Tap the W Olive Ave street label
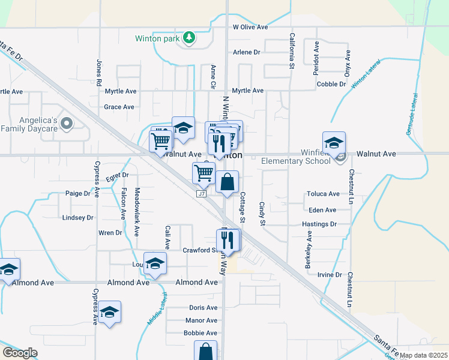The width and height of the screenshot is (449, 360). pos(250,27)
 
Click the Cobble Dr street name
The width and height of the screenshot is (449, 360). pos(331,85)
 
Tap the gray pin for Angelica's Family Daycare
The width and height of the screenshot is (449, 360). pos(67,124)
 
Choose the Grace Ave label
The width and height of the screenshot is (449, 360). pos(119,107)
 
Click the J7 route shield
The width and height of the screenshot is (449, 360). pos(202,194)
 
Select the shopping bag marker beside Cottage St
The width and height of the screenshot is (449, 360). pos(227,182)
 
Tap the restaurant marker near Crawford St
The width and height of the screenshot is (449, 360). pos(228,240)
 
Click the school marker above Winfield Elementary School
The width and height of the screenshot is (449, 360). pos(334,142)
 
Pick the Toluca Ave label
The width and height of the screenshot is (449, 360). pos(323,194)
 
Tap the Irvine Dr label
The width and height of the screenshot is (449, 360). pos(330,275)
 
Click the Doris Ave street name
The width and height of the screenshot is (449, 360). pos(203,307)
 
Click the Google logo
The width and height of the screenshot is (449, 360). pos(20,352)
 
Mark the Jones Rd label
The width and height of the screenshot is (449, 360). pos(98,71)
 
